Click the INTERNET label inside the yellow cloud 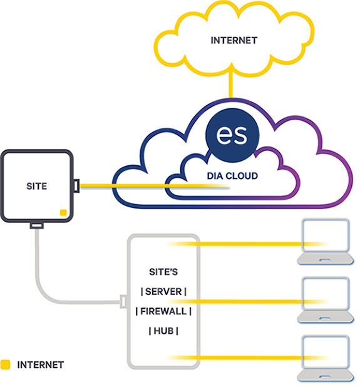[x=234, y=40]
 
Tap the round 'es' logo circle [x=232, y=135]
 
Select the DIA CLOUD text [x=232, y=176]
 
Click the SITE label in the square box [x=37, y=186]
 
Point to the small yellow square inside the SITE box [x=63, y=212]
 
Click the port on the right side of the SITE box [x=76, y=185]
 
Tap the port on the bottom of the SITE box [x=37, y=225]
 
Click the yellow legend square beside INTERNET [x=5, y=364]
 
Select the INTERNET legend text [x=41, y=365]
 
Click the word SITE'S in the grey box [x=163, y=272]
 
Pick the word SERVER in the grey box [x=163, y=291]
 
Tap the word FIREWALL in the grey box [x=163, y=311]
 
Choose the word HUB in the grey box [x=163, y=331]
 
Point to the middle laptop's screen [x=326, y=293]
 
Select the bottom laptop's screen [x=326, y=351]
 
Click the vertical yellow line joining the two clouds [x=230, y=85]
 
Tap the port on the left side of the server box [x=123, y=301]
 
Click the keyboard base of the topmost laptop [x=326, y=259]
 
